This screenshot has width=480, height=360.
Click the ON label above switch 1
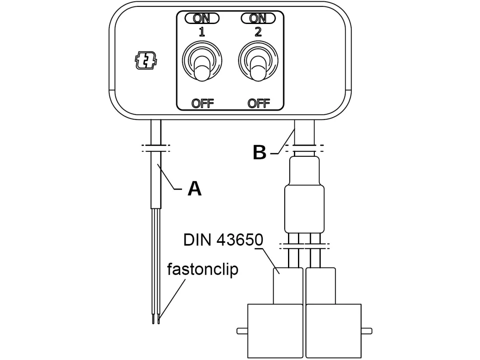(x=202, y=18)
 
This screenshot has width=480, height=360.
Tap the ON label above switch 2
(x=258, y=18)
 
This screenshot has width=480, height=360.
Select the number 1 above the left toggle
(x=202, y=32)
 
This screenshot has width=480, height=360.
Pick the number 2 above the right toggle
(x=258, y=32)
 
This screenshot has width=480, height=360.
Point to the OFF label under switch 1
(x=202, y=103)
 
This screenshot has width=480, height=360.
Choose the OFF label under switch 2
(x=258, y=103)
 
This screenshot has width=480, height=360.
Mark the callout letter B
(x=260, y=152)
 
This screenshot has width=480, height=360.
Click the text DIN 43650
(x=223, y=240)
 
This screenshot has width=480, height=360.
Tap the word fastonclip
(x=202, y=269)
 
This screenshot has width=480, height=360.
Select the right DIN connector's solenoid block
(x=334, y=331)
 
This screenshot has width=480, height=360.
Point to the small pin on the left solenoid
(x=242, y=331)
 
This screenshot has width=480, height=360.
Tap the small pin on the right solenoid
(x=366, y=331)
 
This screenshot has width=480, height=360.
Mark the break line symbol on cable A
(x=156, y=148)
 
